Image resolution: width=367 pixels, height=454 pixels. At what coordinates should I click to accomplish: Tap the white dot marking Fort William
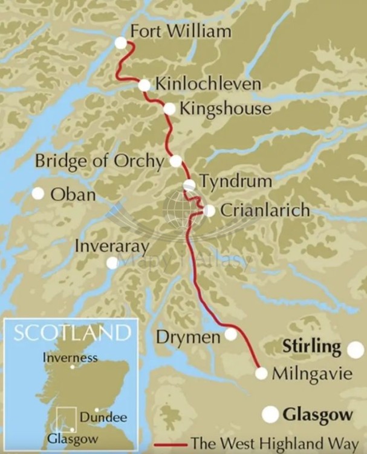click(121, 42)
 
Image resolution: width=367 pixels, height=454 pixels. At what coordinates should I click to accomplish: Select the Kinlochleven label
click(208, 84)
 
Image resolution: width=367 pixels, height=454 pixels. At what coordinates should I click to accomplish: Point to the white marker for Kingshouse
click(170, 109)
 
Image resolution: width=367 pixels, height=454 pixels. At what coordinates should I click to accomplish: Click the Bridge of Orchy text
click(99, 162)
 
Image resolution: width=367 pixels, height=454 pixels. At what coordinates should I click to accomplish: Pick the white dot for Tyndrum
click(189, 185)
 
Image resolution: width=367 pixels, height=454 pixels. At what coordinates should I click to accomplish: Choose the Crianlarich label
click(265, 211)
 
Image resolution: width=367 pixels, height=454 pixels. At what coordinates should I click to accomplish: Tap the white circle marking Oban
click(38, 194)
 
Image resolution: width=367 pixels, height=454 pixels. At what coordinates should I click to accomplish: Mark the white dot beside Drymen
click(231, 334)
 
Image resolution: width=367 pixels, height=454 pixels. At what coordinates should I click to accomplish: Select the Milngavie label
click(310, 373)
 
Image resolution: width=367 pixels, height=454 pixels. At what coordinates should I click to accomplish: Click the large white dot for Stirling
click(356, 349)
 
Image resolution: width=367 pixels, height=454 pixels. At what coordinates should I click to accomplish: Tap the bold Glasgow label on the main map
click(317, 415)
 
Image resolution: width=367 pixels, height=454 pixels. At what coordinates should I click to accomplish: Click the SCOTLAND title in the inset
click(72, 332)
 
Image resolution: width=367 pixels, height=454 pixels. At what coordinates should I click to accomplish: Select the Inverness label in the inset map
click(70, 357)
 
